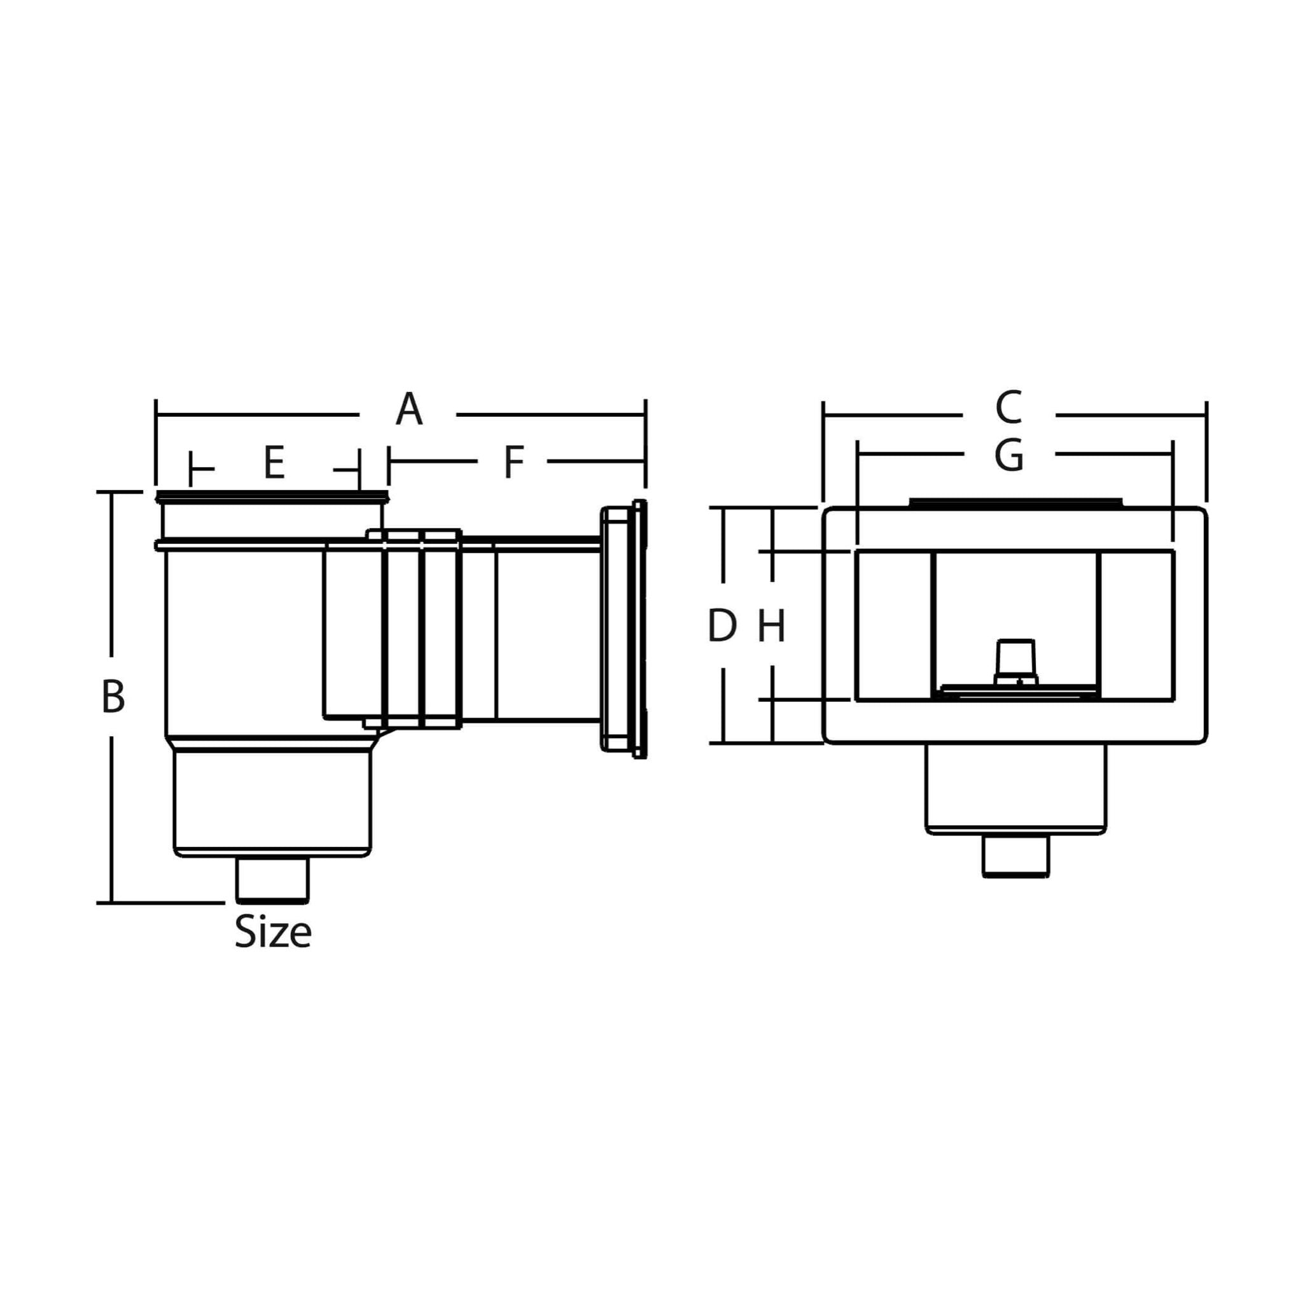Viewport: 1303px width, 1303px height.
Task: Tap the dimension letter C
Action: point(1009,408)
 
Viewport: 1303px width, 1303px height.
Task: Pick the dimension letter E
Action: point(274,463)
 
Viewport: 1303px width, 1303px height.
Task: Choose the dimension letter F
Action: point(514,463)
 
